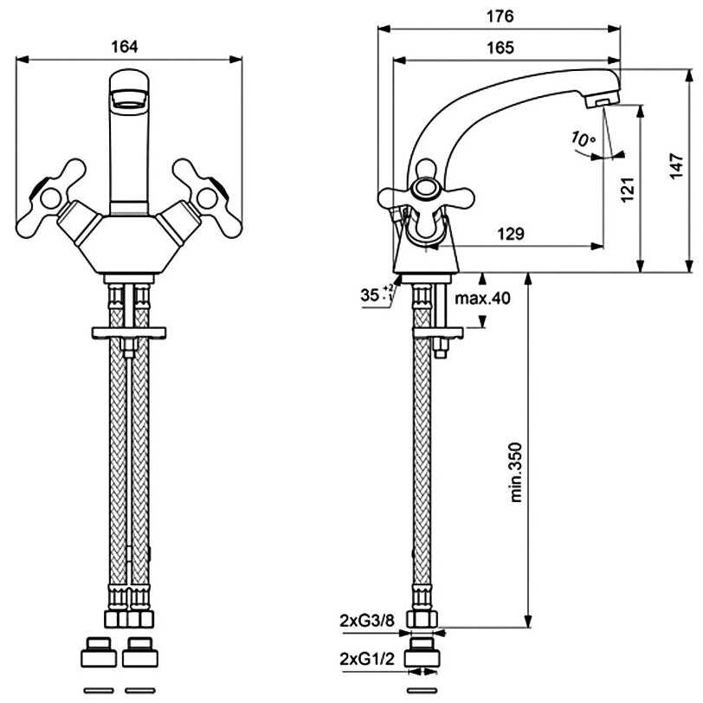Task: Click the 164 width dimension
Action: point(125,47)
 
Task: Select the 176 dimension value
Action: point(500,16)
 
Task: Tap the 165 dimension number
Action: point(500,48)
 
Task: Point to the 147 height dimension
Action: point(676,166)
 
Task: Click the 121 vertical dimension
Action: point(628,190)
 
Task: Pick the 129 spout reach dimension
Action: point(511,234)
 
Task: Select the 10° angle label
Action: point(583,139)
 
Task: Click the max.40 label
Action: point(482,298)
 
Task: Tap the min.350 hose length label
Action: point(516,472)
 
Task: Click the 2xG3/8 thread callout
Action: point(367,621)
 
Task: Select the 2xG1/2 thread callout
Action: point(367,659)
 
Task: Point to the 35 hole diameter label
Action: point(377,294)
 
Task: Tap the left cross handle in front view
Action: point(50,197)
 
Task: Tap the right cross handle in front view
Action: point(208,197)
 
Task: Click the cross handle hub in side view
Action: point(425,189)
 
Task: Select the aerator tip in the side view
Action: point(602,102)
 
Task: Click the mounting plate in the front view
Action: point(129,332)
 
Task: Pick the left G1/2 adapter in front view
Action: point(99,652)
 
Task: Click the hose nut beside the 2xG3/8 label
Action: point(422,619)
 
